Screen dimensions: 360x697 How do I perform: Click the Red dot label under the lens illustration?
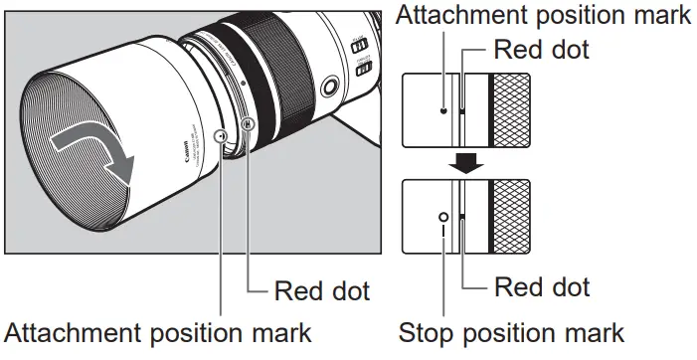[x=321, y=290]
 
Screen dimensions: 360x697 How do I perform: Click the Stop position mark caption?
[x=512, y=331]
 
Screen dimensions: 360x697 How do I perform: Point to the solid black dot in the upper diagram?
[x=443, y=110]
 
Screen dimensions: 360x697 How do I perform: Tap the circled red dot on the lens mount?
[x=248, y=125]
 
